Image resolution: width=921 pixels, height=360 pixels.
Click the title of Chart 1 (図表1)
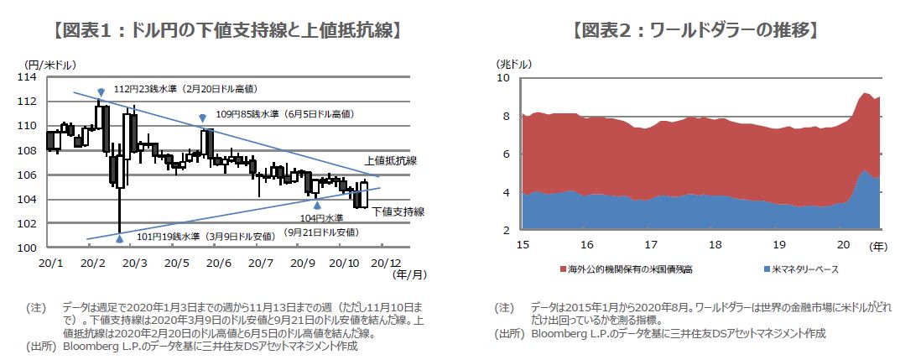(x=226, y=32)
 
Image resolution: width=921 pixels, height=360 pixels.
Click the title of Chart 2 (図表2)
(x=695, y=32)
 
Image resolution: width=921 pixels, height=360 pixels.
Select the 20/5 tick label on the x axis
(x=176, y=263)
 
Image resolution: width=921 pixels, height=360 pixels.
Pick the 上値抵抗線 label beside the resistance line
(x=391, y=161)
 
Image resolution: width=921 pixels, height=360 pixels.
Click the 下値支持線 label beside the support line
(x=398, y=211)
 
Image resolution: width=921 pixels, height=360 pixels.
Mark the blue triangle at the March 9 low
(x=120, y=238)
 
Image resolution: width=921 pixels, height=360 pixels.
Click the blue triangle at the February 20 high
(x=100, y=91)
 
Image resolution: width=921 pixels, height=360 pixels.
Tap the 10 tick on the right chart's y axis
(x=504, y=77)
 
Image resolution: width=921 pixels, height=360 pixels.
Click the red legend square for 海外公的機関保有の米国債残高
(x=562, y=269)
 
